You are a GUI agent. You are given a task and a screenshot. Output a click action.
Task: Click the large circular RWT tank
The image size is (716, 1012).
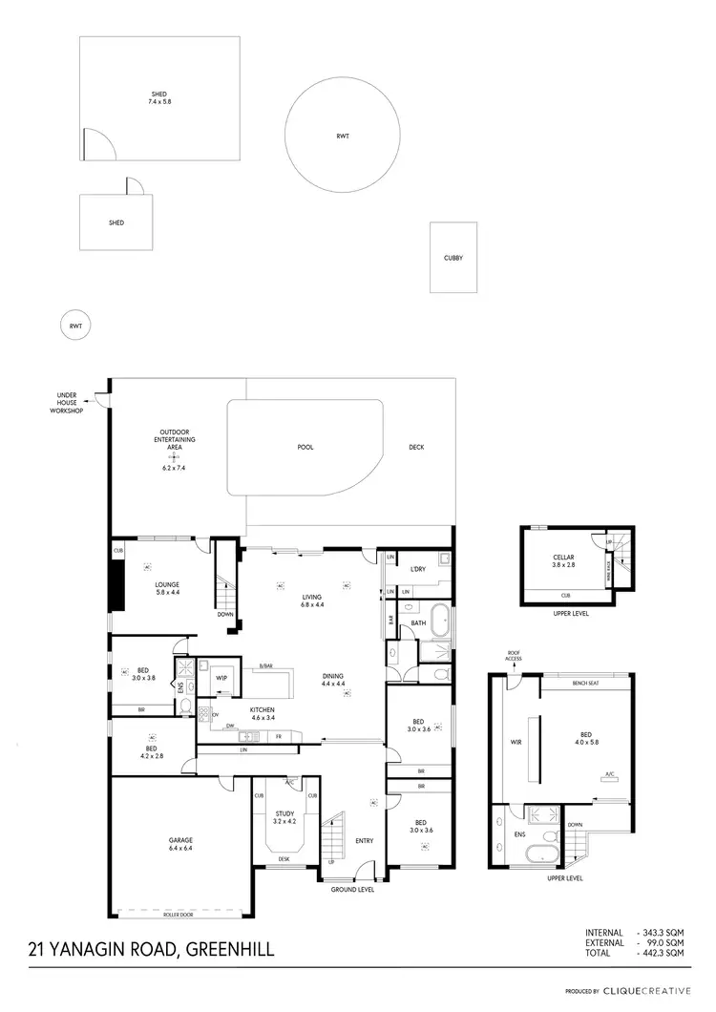pyautogui.click(x=343, y=137)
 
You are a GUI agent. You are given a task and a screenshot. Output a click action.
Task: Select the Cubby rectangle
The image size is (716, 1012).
pyautogui.click(x=453, y=258)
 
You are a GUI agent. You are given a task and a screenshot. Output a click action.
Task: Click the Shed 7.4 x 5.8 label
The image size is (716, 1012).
pyautogui.click(x=159, y=97)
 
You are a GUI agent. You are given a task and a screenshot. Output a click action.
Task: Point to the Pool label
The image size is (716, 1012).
pyautogui.click(x=305, y=447)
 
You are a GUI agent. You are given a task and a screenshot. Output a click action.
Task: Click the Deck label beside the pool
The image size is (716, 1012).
pyautogui.click(x=416, y=447)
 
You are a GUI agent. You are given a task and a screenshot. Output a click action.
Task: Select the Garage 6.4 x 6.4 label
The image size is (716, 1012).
pyautogui.click(x=181, y=844)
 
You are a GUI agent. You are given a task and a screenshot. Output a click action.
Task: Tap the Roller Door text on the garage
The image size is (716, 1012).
pyautogui.click(x=180, y=913)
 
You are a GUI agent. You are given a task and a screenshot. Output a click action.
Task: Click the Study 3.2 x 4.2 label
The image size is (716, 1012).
pyautogui.click(x=285, y=817)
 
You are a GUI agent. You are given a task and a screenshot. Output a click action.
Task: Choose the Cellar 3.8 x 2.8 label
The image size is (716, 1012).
pyautogui.click(x=563, y=561)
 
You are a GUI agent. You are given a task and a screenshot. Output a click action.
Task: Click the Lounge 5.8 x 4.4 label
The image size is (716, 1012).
pyautogui.click(x=168, y=589)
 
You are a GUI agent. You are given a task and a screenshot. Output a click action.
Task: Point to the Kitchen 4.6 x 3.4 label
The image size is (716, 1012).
pyautogui.click(x=263, y=714)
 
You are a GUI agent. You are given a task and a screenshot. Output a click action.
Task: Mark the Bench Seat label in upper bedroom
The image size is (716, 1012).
pyautogui.click(x=585, y=684)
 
